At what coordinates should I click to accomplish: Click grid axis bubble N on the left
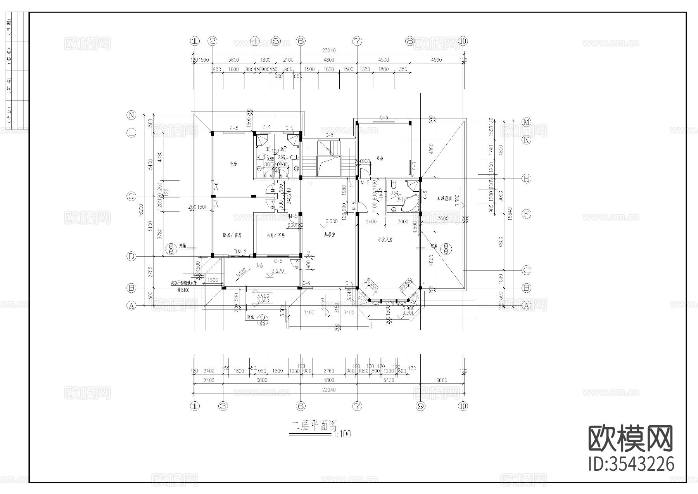tap(131, 115)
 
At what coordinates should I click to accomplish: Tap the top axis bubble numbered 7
tap(357, 41)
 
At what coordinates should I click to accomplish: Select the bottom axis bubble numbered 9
tap(420, 406)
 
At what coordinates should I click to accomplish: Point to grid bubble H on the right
tap(526, 179)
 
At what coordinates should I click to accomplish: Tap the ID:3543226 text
tap(631, 464)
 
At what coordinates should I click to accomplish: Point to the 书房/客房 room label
tap(276, 235)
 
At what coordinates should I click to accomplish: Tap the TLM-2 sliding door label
tap(240, 252)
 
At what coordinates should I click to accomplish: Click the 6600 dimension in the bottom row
tap(262, 380)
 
